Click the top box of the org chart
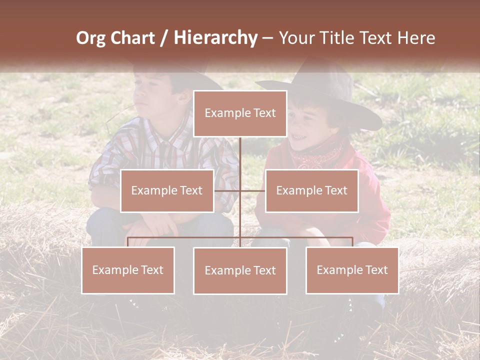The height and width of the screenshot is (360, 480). pos(240,113)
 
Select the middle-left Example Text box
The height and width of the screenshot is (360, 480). pos(167,190)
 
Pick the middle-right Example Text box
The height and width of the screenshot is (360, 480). pos(311,190)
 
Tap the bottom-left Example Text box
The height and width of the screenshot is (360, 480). pos(128,270)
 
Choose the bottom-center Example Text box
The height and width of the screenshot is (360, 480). pos(240,270)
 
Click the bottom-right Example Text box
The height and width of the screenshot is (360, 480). pos(352,270)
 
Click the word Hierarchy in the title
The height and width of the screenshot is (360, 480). pos(215,37)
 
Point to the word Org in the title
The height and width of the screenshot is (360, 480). pos(91,38)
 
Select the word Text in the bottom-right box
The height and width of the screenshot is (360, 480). pos(376,270)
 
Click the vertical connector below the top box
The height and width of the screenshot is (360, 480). pos(240,160)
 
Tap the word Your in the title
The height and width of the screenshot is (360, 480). pos(295,38)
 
